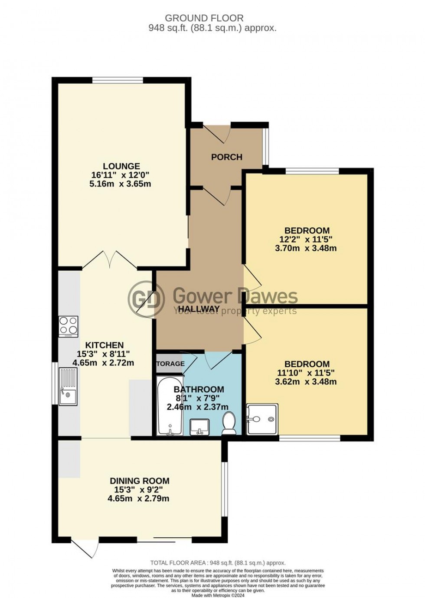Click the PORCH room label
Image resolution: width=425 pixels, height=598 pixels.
[226, 157]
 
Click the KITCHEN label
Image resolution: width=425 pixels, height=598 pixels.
[104, 345]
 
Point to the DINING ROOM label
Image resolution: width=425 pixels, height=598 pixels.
[139, 481]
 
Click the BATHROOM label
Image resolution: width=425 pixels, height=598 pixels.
[199, 389]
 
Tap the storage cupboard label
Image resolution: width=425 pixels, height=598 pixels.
[170, 364]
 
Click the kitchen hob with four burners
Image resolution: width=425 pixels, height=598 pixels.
[69, 326]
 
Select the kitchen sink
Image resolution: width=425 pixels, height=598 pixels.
[68, 386]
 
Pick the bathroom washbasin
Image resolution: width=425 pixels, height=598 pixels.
[199, 426]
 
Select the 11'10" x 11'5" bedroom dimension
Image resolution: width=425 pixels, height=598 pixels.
[306, 373]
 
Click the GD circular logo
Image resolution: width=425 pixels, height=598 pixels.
[146, 298]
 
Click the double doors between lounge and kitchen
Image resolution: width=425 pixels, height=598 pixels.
[110, 260]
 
